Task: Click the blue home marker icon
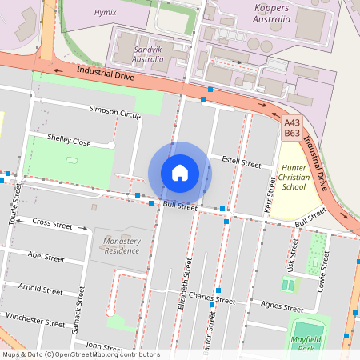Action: [180, 173]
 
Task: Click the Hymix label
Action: [105, 13]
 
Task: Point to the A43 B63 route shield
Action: [292, 128]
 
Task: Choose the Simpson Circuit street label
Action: [115, 111]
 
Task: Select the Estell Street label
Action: [241, 162]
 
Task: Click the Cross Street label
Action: [53, 224]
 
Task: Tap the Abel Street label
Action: [46, 258]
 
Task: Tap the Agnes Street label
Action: [282, 307]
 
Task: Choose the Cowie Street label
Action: [323, 272]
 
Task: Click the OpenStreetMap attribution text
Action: [81, 354]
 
